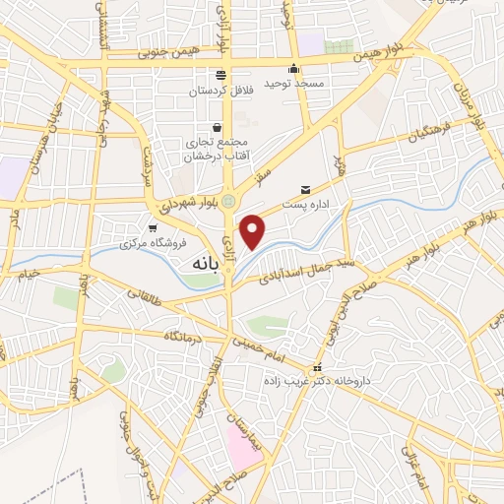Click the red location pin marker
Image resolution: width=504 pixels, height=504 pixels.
coord(254,232)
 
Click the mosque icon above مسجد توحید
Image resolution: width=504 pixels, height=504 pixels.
coord(293,69)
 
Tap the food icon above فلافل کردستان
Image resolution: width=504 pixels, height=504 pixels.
coord(220,75)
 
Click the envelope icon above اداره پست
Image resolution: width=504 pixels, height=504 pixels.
coord(305,190)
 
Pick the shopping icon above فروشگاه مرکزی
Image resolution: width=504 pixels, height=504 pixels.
coord(151,227)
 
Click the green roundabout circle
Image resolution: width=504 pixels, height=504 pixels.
coord(228,202)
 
